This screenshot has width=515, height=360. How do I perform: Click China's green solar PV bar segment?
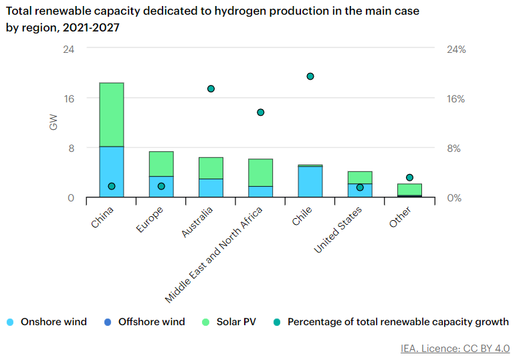(111, 114)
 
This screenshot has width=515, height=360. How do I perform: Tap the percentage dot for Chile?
(310, 76)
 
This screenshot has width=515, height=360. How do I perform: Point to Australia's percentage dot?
(211, 89)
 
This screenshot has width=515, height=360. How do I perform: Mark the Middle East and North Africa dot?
(261, 112)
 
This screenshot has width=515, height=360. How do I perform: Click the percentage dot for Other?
(410, 177)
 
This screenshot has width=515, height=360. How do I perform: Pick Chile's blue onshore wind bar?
(310, 181)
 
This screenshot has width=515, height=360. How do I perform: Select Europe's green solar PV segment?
(161, 164)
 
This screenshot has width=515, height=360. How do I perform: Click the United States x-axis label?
(338, 230)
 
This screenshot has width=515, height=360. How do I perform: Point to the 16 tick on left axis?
(69, 98)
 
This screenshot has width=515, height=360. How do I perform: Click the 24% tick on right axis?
(456, 50)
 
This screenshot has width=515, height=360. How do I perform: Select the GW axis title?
(54, 123)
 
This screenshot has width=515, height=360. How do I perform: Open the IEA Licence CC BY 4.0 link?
(455, 349)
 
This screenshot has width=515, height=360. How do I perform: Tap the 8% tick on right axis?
(456, 148)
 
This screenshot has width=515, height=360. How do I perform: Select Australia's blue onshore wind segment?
(211, 188)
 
